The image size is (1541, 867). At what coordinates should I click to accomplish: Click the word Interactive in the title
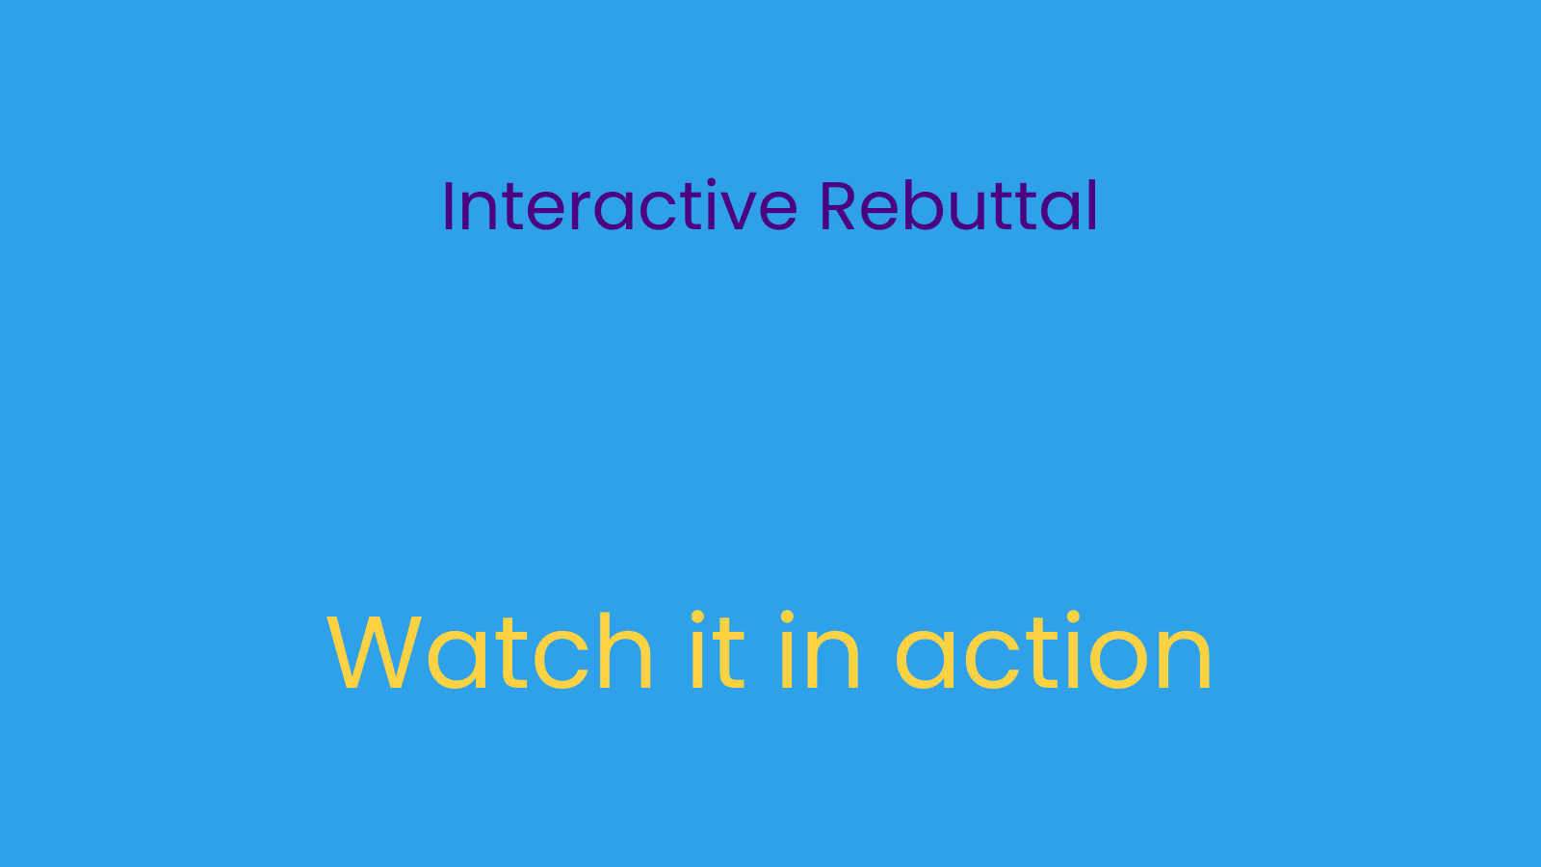pos(620,205)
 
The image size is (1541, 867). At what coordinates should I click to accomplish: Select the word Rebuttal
pos(958,205)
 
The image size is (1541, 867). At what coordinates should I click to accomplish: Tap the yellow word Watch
pos(489,651)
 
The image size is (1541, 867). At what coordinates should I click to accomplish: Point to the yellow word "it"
pos(718,649)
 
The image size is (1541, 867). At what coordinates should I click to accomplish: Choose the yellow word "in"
pos(820,649)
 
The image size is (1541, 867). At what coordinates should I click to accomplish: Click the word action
pos(1053,651)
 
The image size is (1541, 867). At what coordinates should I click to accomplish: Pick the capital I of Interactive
pos(448,206)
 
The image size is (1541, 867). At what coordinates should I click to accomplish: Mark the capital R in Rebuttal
pos(837,206)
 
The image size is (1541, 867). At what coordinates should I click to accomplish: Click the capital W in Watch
pos(375,651)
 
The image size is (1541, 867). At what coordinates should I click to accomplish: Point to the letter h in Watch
pos(626,650)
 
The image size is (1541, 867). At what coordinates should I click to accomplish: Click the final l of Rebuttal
pos(1092,205)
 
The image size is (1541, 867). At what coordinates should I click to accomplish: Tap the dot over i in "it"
pos(697,617)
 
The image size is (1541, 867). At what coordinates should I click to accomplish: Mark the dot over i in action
pos(1073,617)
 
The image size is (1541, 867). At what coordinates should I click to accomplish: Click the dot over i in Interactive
pos(712,183)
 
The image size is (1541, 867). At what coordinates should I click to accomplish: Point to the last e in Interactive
pos(777,213)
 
